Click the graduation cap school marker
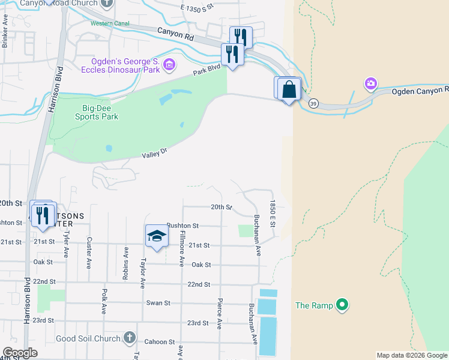click(156, 235)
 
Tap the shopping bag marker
click(289, 89)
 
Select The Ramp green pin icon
click(342, 305)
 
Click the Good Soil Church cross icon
click(129, 338)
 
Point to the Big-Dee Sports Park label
click(92, 112)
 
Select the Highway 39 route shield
click(313, 104)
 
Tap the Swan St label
click(158, 303)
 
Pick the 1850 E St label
click(272, 214)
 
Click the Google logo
click(20, 353)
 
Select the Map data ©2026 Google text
click(411, 355)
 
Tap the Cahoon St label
click(163, 341)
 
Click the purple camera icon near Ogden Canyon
click(371, 83)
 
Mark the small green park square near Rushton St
click(246, 230)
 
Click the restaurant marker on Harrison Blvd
click(42, 215)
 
